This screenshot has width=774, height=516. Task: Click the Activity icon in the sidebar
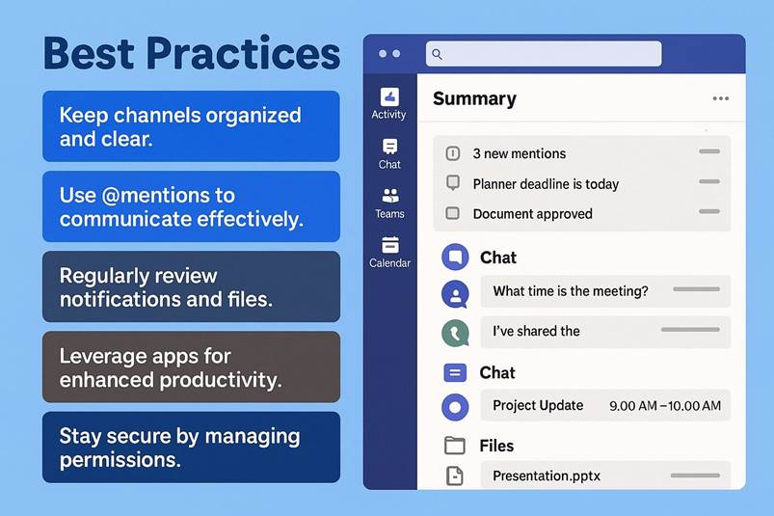(x=389, y=96)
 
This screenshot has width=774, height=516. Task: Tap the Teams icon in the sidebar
(x=390, y=196)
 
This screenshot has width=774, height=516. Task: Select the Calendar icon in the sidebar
(x=390, y=245)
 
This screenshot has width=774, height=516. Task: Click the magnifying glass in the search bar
(x=437, y=54)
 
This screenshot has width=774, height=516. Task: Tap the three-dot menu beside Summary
(x=721, y=98)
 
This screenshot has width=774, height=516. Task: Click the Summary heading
(x=474, y=98)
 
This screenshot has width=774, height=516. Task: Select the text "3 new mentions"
(x=520, y=153)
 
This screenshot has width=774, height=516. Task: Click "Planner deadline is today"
(x=546, y=184)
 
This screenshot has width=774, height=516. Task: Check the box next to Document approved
(x=452, y=213)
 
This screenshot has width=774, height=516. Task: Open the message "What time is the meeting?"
(x=570, y=291)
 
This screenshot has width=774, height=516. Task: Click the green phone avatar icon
(x=455, y=334)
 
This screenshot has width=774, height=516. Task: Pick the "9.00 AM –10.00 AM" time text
(x=665, y=406)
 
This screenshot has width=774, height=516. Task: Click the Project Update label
(x=538, y=405)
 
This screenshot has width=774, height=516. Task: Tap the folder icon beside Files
(x=455, y=446)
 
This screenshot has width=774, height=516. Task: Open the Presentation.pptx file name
(x=547, y=476)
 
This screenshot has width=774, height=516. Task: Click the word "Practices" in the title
(x=243, y=53)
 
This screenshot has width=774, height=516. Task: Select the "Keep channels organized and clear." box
(x=191, y=126)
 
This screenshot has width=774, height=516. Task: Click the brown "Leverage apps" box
(x=191, y=367)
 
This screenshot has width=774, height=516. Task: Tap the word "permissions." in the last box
(x=120, y=460)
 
